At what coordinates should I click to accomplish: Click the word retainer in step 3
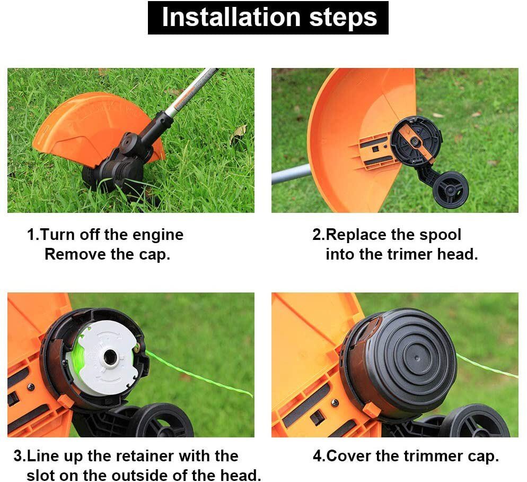tap(146, 456)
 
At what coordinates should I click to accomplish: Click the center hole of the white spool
tap(111, 356)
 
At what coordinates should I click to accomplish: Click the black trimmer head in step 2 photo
tap(416, 141)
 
